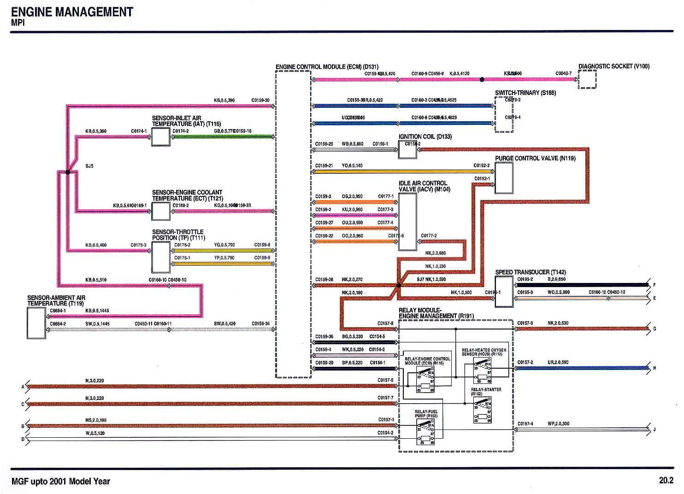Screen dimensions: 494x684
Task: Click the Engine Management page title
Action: [72, 12]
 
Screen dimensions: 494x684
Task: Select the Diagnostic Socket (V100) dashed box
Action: [587, 79]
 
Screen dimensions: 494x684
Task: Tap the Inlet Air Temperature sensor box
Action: [161, 137]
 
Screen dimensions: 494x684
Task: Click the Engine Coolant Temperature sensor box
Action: [161, 211]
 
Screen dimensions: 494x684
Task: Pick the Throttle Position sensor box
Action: [161, 257]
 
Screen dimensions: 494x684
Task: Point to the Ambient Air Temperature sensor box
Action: [36, 323]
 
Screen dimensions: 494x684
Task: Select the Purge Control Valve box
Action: [504, 178]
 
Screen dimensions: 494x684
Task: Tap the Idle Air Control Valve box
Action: [407, 222]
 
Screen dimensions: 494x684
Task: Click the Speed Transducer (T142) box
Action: [504, 292]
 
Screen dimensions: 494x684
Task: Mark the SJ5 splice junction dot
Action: [67, 172]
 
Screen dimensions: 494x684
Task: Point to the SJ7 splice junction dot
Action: [399, 286]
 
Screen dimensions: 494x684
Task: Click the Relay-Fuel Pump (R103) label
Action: [426, 414]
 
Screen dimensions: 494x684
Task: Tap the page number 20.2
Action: [666, 480]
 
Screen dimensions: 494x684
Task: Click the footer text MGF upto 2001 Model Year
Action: [60, 481]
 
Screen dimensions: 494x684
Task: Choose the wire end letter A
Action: [23, 387]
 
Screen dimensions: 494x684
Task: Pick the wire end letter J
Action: [655, 430]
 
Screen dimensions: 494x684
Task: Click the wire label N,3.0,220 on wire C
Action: [94, 398]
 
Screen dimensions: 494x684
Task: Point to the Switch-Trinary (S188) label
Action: [525, 93]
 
